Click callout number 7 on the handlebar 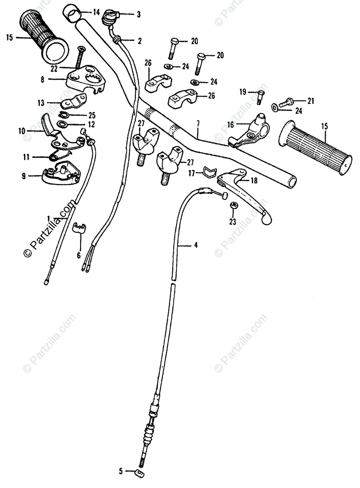pos(198,122)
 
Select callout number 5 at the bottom pos(120,472)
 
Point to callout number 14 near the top pos(96,12)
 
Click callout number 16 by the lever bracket pos(230,125)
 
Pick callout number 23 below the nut pos(232,222)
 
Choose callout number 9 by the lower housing pos(24,176)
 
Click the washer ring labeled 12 pos(63,124)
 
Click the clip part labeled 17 pos(208,172)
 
